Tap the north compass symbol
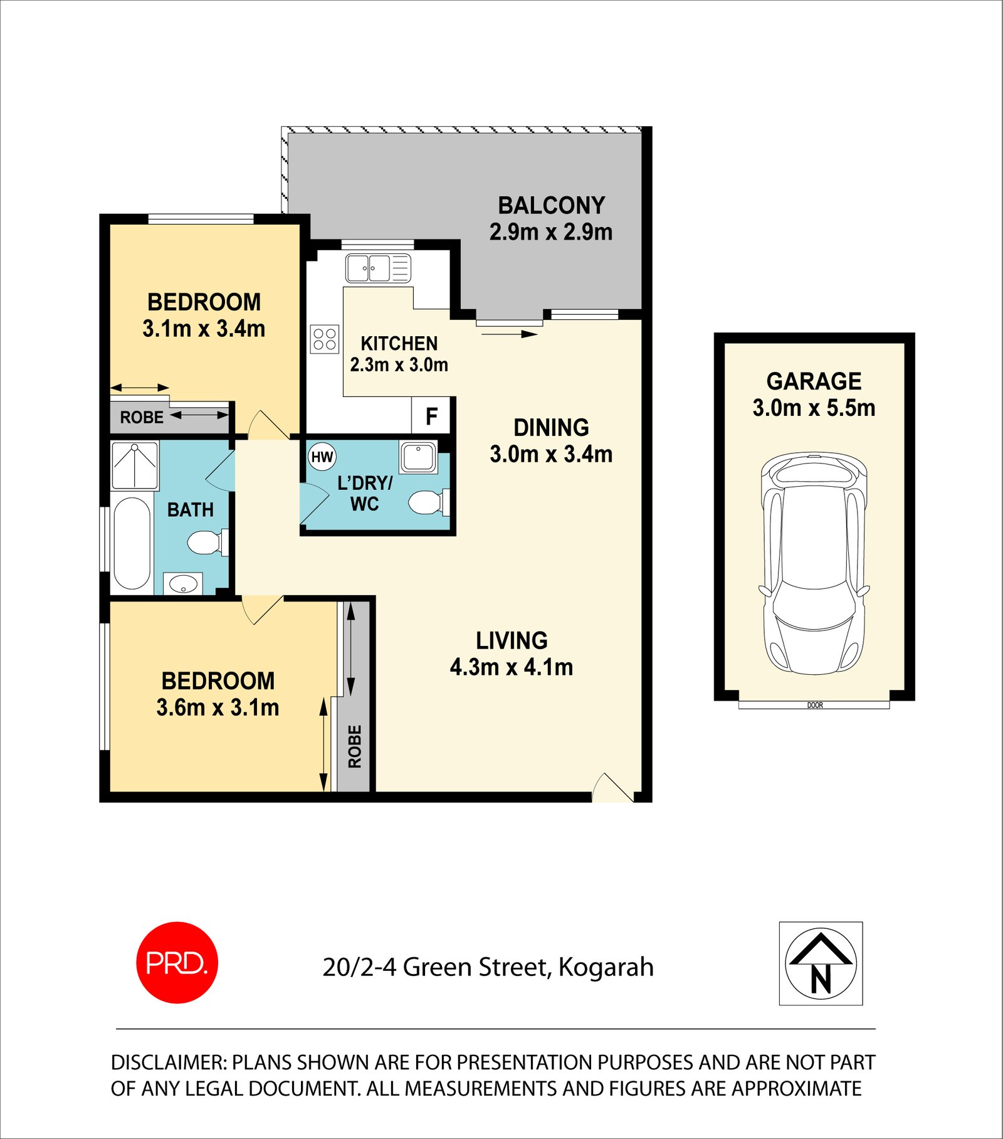[821, 964]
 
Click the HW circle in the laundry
[322, 457]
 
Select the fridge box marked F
[431, 416]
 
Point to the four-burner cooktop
[325, 339]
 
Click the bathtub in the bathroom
[132, 543]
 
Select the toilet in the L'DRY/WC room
[428, 502]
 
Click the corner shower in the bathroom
[135, 465]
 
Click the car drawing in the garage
[814, 564]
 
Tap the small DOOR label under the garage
[815, 706]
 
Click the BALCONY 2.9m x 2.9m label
[551, 218]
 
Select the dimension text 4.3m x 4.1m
[512, 667]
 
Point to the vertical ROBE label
[355, 746]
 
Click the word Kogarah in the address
[606, 967]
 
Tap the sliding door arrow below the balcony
[510, 334]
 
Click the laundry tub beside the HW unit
[418, 457]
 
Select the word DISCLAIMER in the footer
[168, 1062]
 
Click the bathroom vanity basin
[183, 585]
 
